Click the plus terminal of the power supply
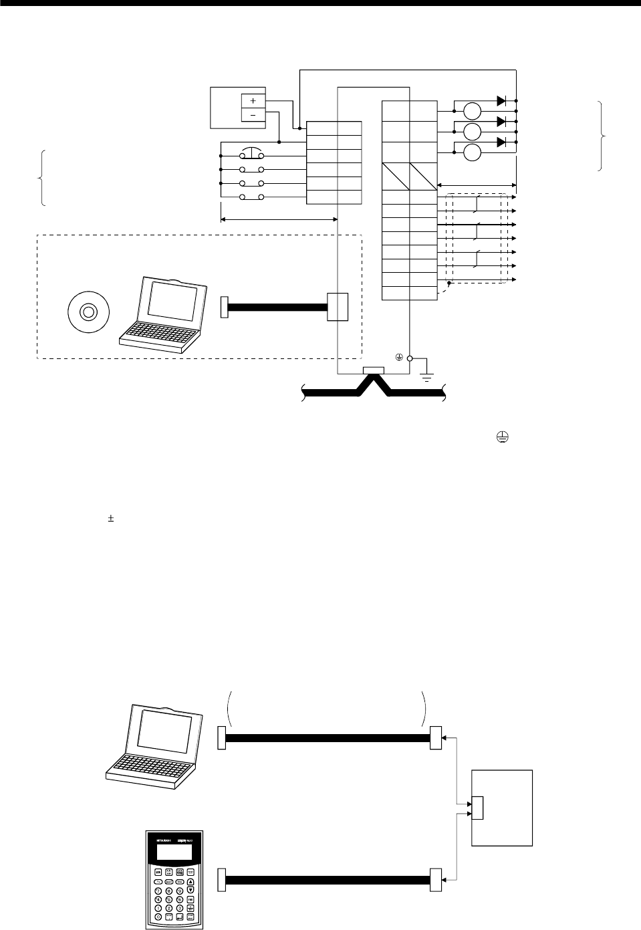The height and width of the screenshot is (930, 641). (253, 100)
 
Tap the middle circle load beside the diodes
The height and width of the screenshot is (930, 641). (473, 132)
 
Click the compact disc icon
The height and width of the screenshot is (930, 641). (86, 311)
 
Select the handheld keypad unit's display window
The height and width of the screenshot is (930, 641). (173, 853)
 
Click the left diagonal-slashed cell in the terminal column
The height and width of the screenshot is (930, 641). (396, 177)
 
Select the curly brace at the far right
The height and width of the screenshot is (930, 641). (604, 136)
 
